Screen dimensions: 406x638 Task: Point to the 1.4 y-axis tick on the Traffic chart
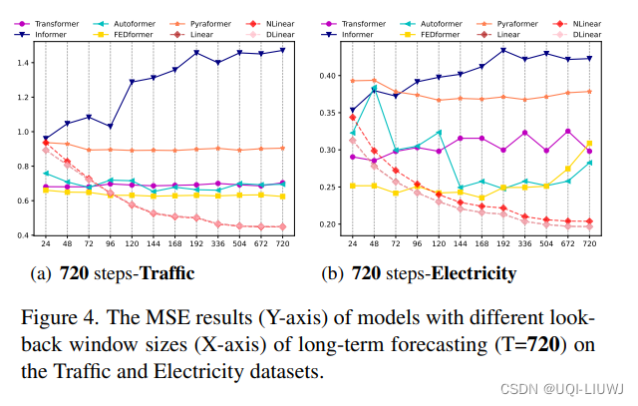[x=23, y=62]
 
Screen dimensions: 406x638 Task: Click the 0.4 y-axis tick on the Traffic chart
[x=23, y=235]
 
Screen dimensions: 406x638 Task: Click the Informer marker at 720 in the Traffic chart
[x=283, y=50]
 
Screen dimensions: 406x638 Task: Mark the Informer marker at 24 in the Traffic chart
[x=46, y=139]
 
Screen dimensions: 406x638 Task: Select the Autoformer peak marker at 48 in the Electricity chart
[x=375, y=89]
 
